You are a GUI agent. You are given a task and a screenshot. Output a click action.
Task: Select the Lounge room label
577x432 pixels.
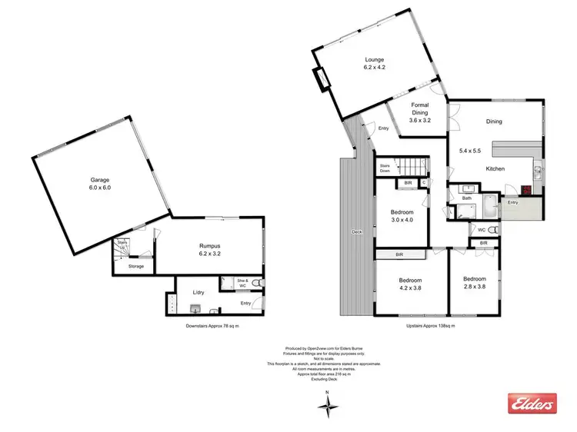[375, 63]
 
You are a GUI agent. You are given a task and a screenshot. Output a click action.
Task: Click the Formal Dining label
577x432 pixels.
[419, 113]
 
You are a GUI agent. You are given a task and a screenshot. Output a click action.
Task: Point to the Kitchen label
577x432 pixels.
[495, 168]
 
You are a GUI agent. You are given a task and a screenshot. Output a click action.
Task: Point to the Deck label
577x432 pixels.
[356, 231]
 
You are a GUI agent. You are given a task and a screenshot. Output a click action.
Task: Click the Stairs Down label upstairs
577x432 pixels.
[384, 169]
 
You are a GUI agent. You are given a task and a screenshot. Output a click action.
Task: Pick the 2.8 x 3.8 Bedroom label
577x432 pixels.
[474, 283]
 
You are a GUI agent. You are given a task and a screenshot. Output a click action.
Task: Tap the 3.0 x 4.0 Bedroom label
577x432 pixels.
[402, 216]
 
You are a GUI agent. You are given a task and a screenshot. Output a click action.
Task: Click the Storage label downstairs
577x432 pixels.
[135, 266]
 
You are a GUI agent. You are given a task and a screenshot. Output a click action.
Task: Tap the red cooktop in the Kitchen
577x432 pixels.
[527, 191]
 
